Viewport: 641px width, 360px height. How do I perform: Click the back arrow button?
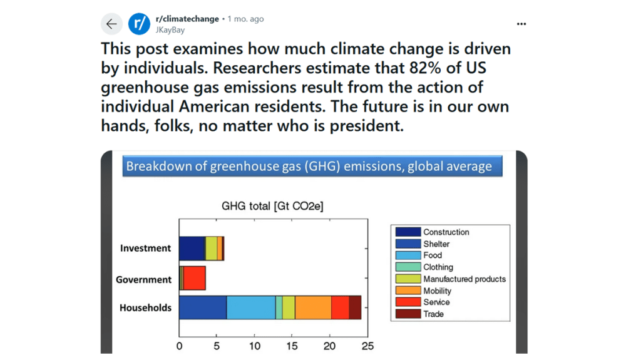pyautogui.click(x=111, y=24)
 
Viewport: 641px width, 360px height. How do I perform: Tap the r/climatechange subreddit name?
pyautogui.click(x=187, y=19)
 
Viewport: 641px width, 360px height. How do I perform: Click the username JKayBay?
pyautogui.click(x=170, y=30)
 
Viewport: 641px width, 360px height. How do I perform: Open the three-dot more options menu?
pyautogui.click(x=521, y=24)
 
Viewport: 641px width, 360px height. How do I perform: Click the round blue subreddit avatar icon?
pyautogui.click(x=139, y=24)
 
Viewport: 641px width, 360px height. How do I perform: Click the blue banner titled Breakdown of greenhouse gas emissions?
pyautogui.click(x=312, y=166)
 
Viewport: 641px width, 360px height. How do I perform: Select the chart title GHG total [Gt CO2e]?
pyautogui.click(x=272, y=206)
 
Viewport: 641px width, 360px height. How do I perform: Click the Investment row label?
pyautogui.click(x=145, y=249)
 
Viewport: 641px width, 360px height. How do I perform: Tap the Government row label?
pyautogui.click(x=143, y=280)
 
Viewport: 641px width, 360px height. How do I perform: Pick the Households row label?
pyautogui.click(x=145, y=308)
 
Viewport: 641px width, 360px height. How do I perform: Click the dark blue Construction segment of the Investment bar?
pyautogui.click(x=192, y=249)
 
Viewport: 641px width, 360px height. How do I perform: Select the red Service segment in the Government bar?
pyautogui.click(x=194, y=278)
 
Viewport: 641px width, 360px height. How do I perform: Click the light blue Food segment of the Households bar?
pyautogui.click(x=250, y=308)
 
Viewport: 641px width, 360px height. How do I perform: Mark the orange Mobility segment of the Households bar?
pyautogui.click(x=313, y=308)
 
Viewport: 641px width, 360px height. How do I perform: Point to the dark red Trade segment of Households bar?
pyautogui.click(x=355, y=308)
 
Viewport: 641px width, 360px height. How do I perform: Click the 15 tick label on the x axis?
pyautogui.click(x=292, y=346)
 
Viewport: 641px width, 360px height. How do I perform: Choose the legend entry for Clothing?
pyautogui.click(x=438, y=267)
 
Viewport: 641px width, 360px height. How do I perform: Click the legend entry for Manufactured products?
pyautogui.click(x=464, y=279)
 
